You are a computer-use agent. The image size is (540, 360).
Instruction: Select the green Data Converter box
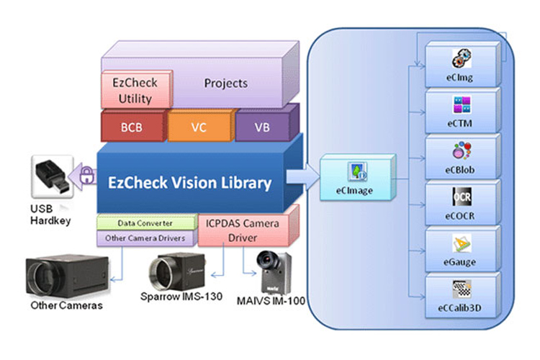tap(145, 223)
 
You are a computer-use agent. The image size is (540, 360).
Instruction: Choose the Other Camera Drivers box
tap(145, 238)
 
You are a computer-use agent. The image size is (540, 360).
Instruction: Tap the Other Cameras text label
tap(66, 306)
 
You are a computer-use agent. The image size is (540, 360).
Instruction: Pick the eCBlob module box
tap(460, 159)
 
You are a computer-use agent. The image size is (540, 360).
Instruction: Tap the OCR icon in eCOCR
tap(461, 197)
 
